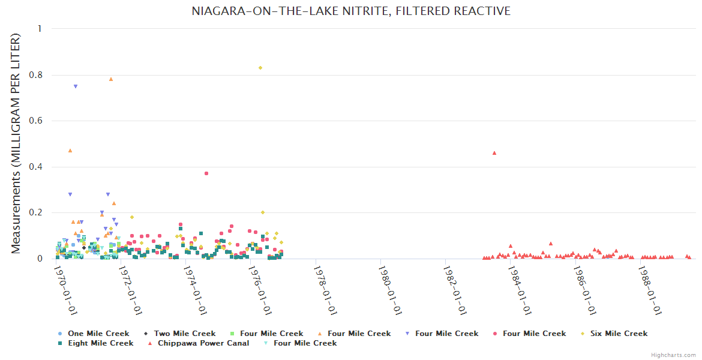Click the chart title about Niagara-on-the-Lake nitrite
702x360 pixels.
351,11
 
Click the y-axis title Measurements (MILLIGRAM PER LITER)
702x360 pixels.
16,143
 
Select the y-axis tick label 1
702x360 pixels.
40,29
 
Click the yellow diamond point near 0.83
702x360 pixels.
260,68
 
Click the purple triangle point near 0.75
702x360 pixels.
76,86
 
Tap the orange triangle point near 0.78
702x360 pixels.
111,79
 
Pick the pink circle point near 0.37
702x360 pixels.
206,173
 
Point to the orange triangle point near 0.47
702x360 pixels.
70,151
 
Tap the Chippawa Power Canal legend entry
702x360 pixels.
196,343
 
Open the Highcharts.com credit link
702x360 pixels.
673,355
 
